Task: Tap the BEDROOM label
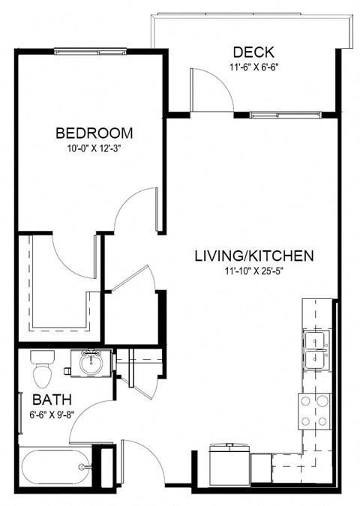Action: (94, 133)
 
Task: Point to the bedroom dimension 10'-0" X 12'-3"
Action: (94, 148)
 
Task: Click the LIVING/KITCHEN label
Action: (253, 256)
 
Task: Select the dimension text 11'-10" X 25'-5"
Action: (253, 271)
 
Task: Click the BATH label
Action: (47, 397)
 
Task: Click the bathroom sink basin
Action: (93, 364)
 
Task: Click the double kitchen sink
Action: (317, 351)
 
